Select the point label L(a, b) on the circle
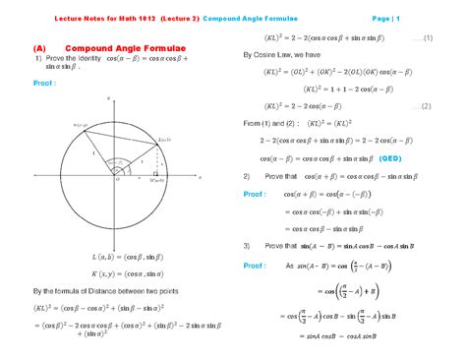pos(165,142)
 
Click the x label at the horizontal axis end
pos(201,179)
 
